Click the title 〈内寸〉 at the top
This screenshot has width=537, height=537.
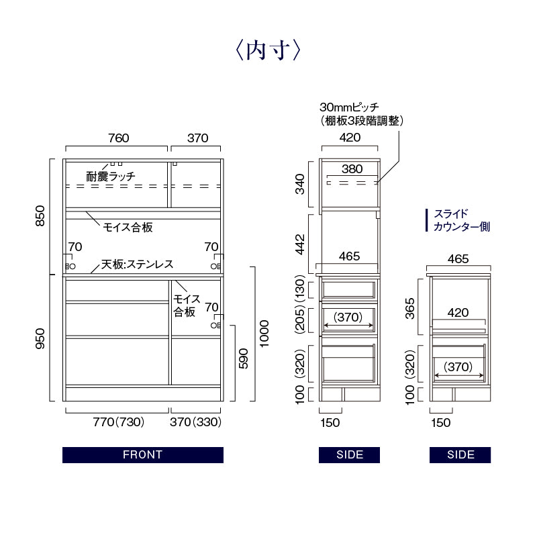click(x=268, y=51)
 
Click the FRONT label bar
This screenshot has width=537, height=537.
click(x=143, y=455)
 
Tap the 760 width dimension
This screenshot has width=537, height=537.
click(x=119, y=138)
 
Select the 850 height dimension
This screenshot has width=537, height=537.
click(x=40, y=215)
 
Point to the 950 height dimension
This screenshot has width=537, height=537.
click(x=40, y=339)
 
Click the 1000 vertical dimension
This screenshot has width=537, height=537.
click(x=264, y=334)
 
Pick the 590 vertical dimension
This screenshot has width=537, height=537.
click(x=243, y=358)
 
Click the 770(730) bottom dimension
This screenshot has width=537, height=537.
click(x=119, y=422)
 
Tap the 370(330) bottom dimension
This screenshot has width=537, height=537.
click(x=195, y=422)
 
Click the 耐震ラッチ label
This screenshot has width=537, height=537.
click(x=111, y=177)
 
